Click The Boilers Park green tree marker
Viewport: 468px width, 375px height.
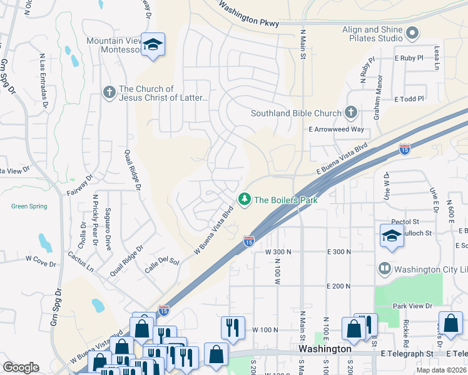pos(244,199)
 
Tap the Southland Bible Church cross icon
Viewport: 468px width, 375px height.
pos(351,113)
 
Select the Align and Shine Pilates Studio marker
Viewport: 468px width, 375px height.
pos(412,33)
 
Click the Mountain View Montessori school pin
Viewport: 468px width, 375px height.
pos(152,44)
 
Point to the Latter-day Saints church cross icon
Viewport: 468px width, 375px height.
pos(109,93)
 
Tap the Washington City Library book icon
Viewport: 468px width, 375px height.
pos(385,269)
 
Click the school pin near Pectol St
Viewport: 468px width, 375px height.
pos(392,236)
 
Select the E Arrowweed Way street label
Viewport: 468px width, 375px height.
pos(336,129)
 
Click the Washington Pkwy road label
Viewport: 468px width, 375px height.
pos(248,16)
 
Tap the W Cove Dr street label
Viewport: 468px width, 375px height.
pos(41,257)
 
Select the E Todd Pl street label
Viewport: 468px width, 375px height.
pos(409,99)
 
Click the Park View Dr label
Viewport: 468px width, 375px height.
pos(412,306)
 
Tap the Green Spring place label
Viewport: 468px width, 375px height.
pos(29,206)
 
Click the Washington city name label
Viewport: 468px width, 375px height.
pos(324,348)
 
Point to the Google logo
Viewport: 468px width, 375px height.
pos(21,367)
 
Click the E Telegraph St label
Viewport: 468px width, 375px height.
pos(407,354)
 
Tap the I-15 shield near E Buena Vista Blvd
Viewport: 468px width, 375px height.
pos(405,149)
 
